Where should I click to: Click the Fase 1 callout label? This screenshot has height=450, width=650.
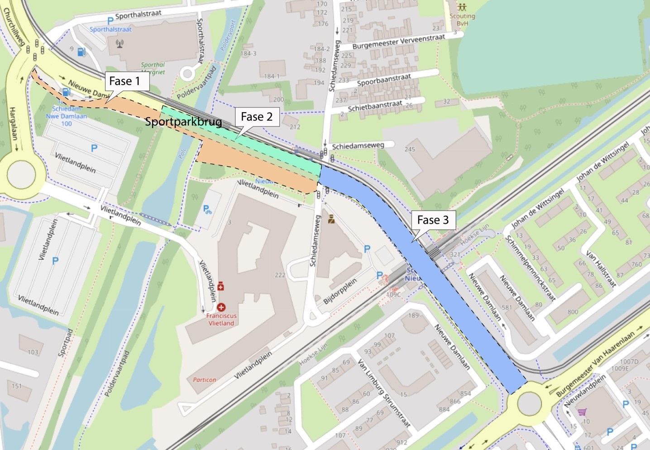(x=124, y=81)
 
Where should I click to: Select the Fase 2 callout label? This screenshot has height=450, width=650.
(x=256, y=117)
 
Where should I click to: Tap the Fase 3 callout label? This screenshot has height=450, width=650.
(x=433, y=220)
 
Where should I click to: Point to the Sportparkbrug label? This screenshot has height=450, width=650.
(x=183, y=122)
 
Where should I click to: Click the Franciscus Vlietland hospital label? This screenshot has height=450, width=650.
(x=221, y=319)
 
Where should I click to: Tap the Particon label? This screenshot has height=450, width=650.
(x=204, y=379)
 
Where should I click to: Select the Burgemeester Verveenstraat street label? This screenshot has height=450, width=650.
(x=398, y=42)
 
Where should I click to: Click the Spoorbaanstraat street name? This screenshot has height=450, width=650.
(x=384, y=80)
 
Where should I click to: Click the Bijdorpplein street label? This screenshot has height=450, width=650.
(x=340, y=291)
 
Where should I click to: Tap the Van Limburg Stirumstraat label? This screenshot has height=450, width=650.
(x=384, y=393)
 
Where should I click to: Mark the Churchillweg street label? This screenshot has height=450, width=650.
(x=13, y=26)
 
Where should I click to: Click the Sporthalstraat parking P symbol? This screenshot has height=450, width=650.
(x=110, y=21)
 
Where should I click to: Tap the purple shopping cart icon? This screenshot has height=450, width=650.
(x=582, y=412)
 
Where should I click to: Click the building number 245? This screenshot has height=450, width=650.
(x=410, y=149)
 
